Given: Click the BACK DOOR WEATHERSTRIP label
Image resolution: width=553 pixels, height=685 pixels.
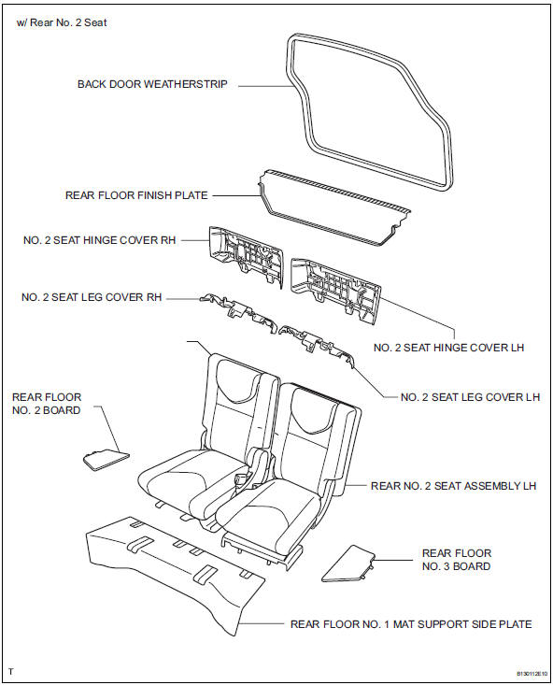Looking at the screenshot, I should pyautogui.click(x=153, y=84).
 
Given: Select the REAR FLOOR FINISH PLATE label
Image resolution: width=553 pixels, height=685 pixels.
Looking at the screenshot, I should pyautogui.click(x=136, y=196).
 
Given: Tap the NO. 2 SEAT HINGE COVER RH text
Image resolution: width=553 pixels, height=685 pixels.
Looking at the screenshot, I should pyautogui.click(x=100, y=240).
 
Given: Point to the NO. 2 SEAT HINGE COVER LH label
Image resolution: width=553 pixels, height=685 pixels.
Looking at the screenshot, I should pyautogui.click(x=448, y=348).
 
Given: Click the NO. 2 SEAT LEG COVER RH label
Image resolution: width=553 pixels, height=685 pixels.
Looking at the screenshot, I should pyautogui.click(x=92, y=297).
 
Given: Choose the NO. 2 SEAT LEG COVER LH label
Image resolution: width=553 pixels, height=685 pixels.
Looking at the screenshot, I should pyautogui.click(x=470, y=397).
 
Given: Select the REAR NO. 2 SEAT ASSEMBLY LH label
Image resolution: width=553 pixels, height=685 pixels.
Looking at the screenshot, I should pyautogui.click(x=453, y=486).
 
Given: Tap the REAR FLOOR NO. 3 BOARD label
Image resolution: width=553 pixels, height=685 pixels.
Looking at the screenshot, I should pyautogui.click(x=456, y=560).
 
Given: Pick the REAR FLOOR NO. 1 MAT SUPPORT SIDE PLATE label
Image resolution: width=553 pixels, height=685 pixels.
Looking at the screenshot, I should pyautogui.click(x=411, y=623).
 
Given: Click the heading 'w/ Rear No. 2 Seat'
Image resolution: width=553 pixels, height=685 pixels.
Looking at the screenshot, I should pyautogui.click(x=62, y=22).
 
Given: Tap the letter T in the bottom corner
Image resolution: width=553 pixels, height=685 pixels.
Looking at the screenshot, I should pyautogui.click(x=10, y=672).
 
